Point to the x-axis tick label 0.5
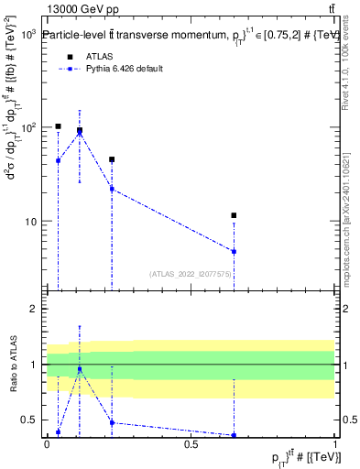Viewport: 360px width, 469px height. tap(191, 444)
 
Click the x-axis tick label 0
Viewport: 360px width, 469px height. tap(47, 444)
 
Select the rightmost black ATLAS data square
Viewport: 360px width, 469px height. tap(235, 215)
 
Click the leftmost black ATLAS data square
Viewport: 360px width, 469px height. tap(58, 126)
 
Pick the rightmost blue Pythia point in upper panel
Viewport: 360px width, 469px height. tap(235, 251)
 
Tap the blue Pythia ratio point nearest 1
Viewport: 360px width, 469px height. tap(80, 369)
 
